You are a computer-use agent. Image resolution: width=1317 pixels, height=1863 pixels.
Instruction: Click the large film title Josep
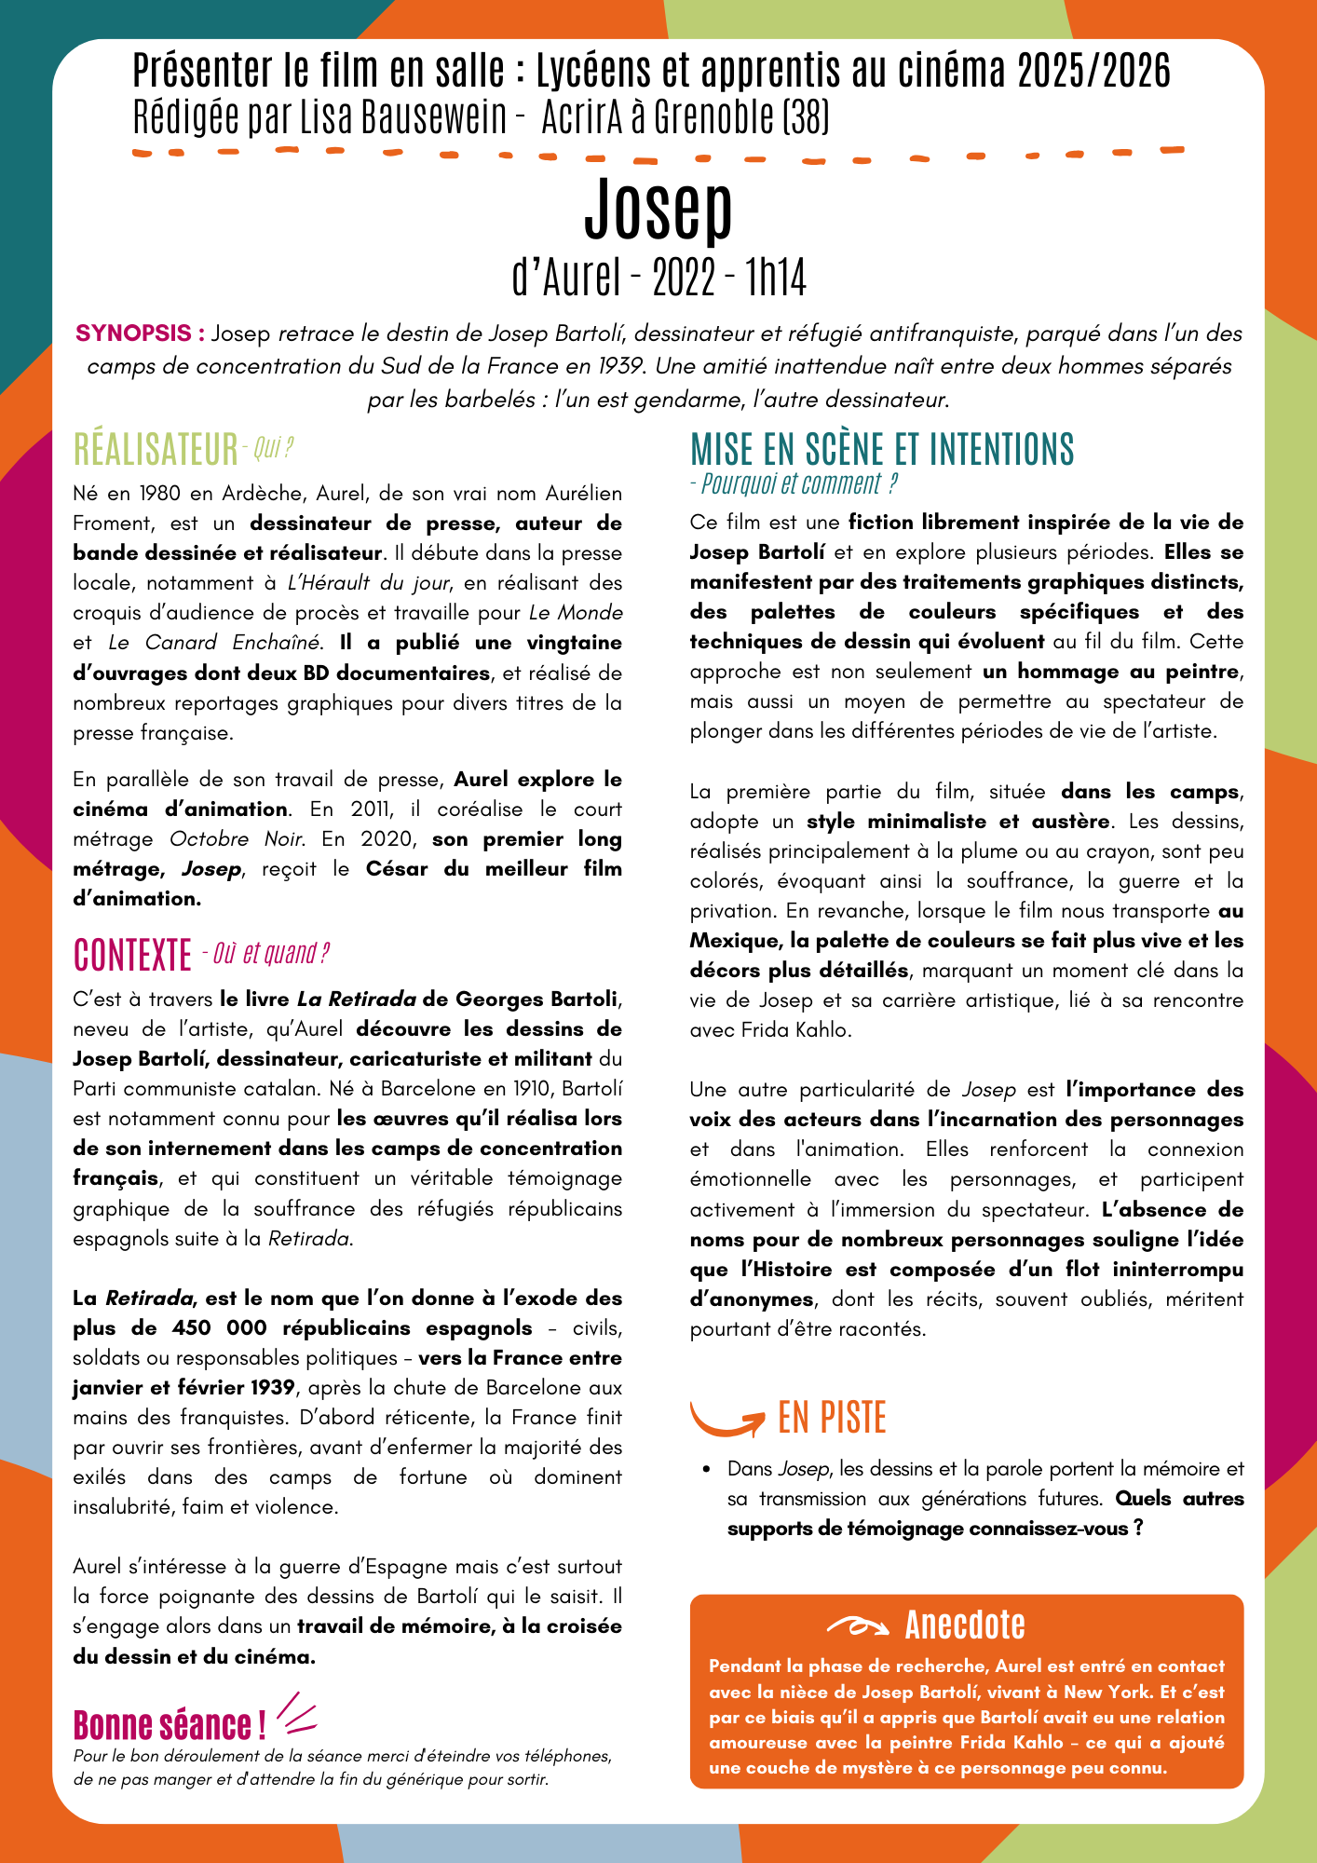pyautogui.click(x=658, y=210)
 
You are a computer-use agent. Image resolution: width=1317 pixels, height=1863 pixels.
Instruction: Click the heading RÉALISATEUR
pyautogui.click(x=156, y=450)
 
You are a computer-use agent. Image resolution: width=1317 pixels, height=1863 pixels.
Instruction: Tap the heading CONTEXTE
pyautogui.click(x=132, y=955)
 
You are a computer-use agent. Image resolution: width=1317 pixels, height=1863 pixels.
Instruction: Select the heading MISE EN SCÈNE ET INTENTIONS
pyautogui.click(x=882, y=449)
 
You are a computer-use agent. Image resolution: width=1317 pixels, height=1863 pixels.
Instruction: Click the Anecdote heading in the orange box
pyautogui.click(x=965, y=1625)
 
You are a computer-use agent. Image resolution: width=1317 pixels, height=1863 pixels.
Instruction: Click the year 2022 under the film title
pyautogui.click(x=685, y=278)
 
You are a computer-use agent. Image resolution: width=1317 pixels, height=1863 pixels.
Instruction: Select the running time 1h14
pyautogui.click(x=776, y=278)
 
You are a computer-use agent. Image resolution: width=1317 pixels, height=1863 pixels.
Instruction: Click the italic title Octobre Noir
pyautogui.click(x=237, y=839)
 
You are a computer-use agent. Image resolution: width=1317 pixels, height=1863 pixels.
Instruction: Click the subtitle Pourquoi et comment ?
pyautogui.click(x=794, y=484)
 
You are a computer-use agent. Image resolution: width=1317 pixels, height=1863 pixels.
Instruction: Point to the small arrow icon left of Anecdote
pyautogui.click(x=858, y=1626)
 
